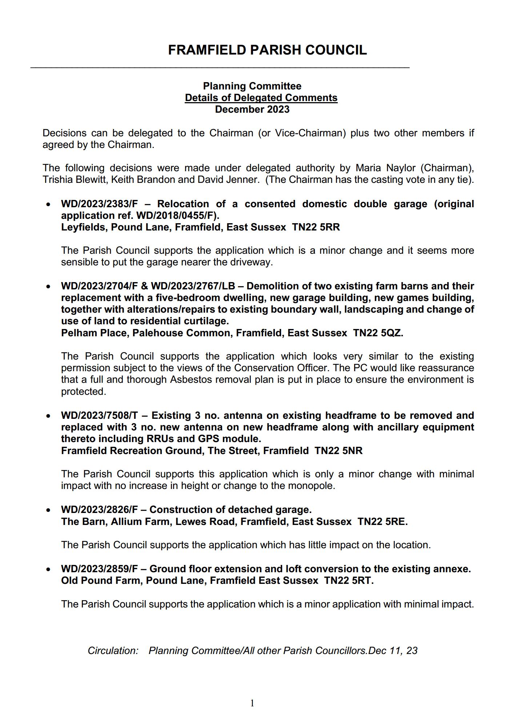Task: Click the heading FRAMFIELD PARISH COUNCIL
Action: [x=267, y=50]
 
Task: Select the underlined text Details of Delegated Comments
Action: [x=261, y=98]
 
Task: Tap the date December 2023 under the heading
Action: [x=252, y=109]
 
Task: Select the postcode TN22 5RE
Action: [x=382, y=522]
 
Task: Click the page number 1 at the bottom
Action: [x=252, y=703]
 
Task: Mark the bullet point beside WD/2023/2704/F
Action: [x=48, y=287]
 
